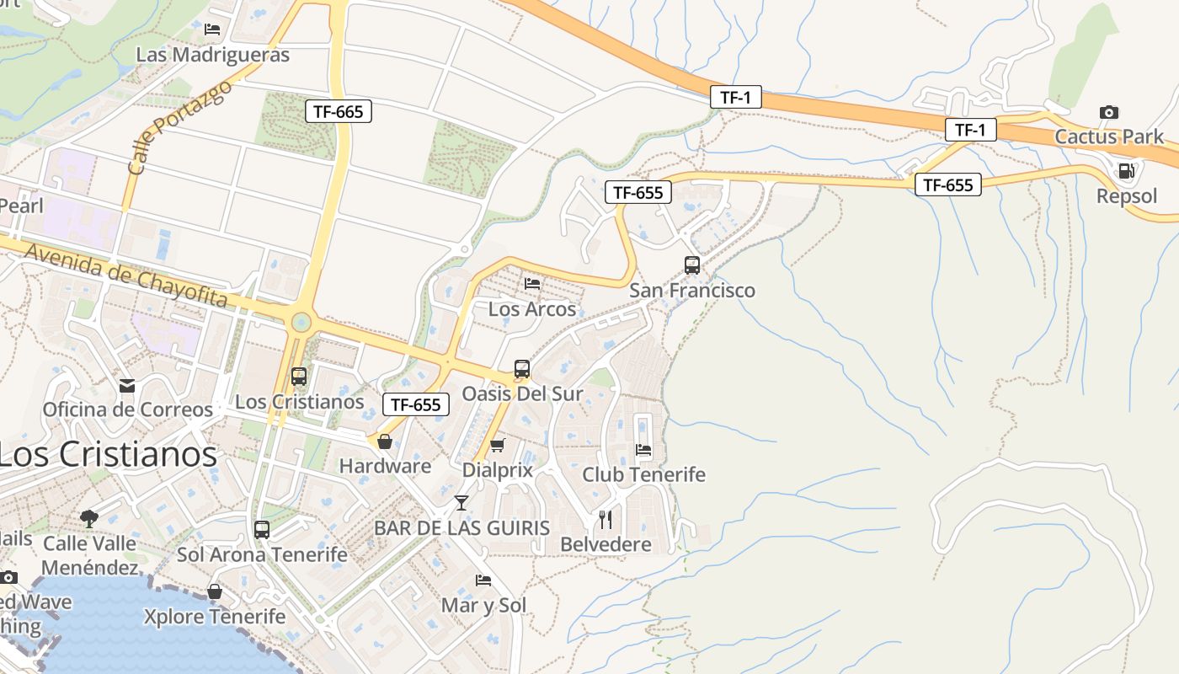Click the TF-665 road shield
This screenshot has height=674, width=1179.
(x=338, y=110)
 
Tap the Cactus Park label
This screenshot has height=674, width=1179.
(x=1109, y=136)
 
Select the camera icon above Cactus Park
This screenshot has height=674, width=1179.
(x=1109, y=112)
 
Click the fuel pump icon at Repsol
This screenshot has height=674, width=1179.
(x=1126, y=171)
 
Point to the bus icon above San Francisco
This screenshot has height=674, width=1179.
(x=692, y=265)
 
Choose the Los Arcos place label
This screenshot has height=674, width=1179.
(x=532, y=309)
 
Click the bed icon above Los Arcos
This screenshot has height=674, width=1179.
(x=532, y=284)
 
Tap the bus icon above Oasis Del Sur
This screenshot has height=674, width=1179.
(x=522, y=369)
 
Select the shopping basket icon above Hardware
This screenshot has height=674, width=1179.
(x=385, y=441)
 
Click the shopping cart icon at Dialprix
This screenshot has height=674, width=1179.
(x=498, y=445)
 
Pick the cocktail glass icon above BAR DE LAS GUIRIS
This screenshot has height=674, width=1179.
(x=461, y=503)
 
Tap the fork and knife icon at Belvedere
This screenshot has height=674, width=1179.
(x=606, y=519)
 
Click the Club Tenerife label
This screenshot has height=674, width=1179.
(x=644, y=474)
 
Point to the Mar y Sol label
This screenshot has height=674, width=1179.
(x=483, y=605)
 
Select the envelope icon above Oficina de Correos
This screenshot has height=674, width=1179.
(x=127, y=385)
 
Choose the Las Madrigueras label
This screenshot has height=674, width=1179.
(x=212, y=55)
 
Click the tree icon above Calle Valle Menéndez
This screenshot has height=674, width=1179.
(x=89, y=517)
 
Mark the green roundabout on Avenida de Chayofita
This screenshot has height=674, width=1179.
(x=301, y=323)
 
